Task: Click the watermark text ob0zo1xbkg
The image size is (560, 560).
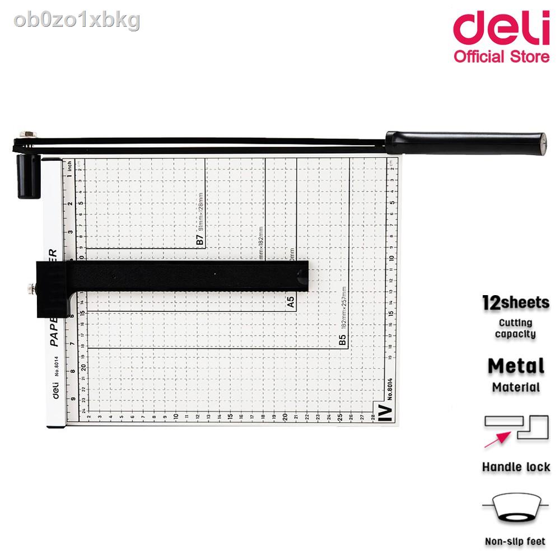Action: click(78, 20)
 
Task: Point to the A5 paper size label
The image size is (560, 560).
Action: click(291, 303)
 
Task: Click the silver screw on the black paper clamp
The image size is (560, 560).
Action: click(29, 289)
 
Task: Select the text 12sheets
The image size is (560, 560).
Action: click(516, 303)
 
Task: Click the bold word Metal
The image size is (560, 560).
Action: click(516, 366)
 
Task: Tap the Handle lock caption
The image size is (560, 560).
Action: click(516, 466)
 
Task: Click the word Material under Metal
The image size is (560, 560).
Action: click(516, 387)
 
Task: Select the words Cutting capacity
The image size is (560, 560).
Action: click(516, 328)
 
